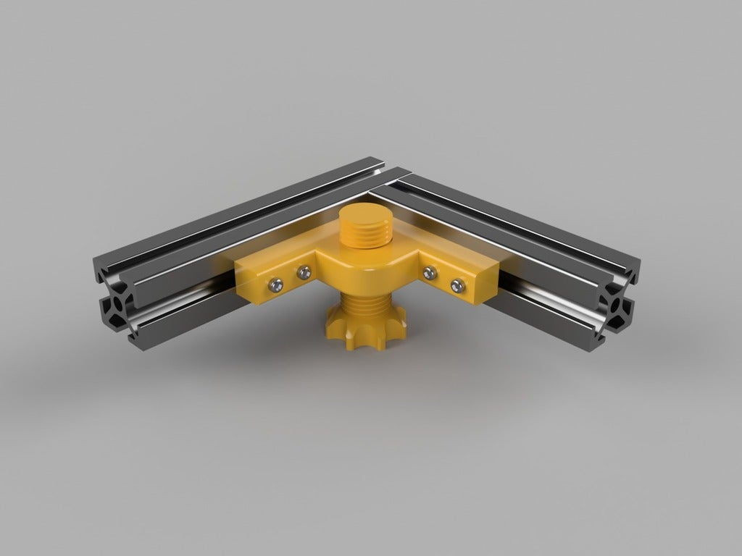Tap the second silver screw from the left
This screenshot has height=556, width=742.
(x=303, y=272)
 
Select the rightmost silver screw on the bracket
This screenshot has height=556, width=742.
(x=457, y=285)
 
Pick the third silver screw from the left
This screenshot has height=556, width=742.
(x=430, y=272)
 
